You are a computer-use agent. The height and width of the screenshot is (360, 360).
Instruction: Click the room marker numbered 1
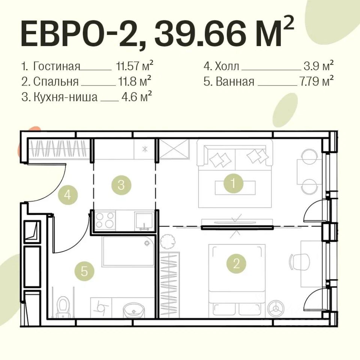click(x=234, y=183)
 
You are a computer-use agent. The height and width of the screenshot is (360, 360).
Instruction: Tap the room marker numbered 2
click(x=236, y=264)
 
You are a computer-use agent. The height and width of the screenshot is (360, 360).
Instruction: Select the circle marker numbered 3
click(x=121, y=185)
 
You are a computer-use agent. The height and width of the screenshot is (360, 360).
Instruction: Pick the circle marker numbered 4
click(x=68, y=195)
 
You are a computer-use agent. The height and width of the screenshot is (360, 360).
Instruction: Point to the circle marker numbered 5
click(x=84, y=271)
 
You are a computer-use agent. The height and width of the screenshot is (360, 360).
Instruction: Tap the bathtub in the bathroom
click(x=128, y=252)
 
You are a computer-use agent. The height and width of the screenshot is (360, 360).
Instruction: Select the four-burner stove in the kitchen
click(x=105, y=220)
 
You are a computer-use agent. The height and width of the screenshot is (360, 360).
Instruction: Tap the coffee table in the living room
click(x=235, y=187)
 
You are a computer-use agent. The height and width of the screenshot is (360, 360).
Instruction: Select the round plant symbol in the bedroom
click(x=166, y=242)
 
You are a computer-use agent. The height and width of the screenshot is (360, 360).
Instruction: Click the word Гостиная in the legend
click(x=57, y=66)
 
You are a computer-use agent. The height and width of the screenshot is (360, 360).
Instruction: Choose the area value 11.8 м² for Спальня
click(x=135, y=81)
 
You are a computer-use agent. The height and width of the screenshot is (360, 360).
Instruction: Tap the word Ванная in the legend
click(x=235, y=81)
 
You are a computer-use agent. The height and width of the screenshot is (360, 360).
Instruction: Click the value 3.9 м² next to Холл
click(x=319, y=66)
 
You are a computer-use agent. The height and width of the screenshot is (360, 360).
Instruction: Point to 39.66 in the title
click(x=199, y=33)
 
